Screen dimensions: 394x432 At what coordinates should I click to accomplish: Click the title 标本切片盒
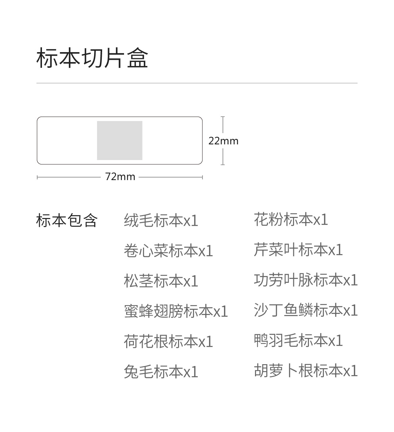[92, 58]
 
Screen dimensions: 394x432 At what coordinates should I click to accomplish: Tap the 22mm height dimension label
[223, 141]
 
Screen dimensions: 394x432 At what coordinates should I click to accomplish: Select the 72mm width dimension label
[120, 176]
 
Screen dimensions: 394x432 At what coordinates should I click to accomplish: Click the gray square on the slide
[120, 140]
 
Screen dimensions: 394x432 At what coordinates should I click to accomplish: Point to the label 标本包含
[66, 221]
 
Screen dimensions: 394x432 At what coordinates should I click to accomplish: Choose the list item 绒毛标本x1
[161, 221]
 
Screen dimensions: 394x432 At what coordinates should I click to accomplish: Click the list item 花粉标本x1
[291, 219]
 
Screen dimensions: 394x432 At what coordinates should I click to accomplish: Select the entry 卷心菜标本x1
[168, 251]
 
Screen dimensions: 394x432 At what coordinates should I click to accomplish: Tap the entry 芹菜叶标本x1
[298, 250]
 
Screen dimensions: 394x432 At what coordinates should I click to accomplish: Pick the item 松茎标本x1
[161, 281]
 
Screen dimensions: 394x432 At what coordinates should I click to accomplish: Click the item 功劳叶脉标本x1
[306, 280]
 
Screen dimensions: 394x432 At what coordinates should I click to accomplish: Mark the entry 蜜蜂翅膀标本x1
[176, 311]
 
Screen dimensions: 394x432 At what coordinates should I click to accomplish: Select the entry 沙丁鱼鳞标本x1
[306, 310]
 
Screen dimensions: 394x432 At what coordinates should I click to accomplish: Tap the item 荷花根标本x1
[168, 342]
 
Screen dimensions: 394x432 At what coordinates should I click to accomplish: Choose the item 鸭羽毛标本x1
[298, 340]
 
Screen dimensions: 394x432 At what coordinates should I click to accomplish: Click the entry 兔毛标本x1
[161, 372]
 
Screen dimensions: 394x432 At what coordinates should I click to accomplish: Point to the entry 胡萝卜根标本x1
[306, 371]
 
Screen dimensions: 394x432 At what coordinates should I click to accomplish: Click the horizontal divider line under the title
[197, 83]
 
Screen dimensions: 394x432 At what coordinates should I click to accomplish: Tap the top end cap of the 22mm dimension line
[223, 117]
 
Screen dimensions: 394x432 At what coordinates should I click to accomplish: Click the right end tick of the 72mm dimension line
[202, 178]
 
